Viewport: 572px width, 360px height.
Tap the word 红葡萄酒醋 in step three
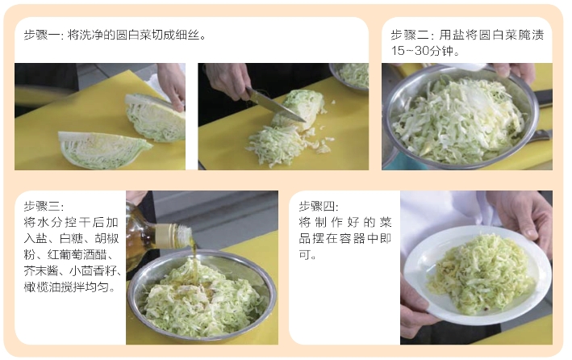[x=84, y=254]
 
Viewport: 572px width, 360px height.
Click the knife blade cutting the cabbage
[x=277, y=105]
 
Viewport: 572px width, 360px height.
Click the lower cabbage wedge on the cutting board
[x=103, y=149]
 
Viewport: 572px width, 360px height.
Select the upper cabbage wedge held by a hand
[x=155, y=118]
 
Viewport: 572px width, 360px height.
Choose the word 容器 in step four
[x=352, y=238]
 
